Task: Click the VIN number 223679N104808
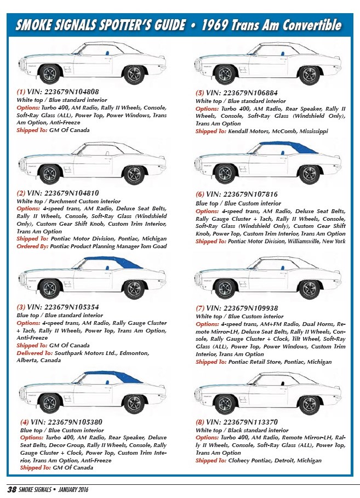click(71, 91)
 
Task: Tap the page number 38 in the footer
click(11, 489)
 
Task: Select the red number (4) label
click(24, 422)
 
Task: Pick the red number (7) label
click(200, 308)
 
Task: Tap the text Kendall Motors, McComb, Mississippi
click(278, 131)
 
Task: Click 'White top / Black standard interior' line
click(242, 431)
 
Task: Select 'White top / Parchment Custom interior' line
click(68, 202)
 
